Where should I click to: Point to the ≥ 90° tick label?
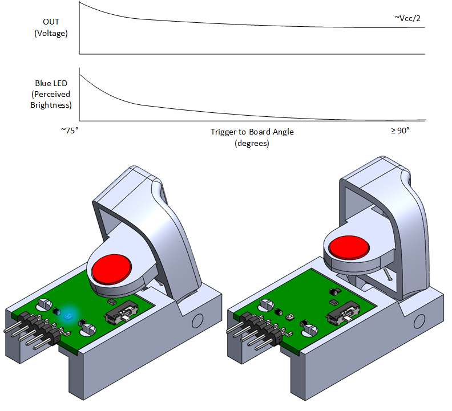point(400,131)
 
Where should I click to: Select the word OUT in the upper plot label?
point(51,22)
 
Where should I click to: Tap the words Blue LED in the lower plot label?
point(51,83)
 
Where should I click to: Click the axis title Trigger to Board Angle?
point(252,132)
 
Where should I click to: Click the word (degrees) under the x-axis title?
point(252,143)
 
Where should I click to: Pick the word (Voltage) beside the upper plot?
point(51,33)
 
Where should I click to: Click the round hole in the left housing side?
point(197,322)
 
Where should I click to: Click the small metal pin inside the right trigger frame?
point(388,274)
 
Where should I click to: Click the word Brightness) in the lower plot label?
point(51,105)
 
